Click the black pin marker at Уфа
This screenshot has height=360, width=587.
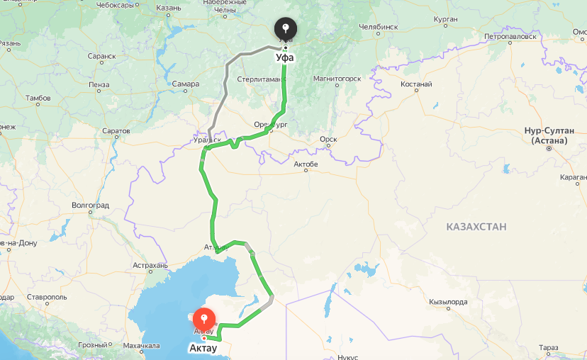(x=286, y=30)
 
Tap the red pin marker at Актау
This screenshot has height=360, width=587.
(x=206, y=318)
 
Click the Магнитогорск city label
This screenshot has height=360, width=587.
(x=337, y=79)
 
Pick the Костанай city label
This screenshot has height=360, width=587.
(x=416, y=84)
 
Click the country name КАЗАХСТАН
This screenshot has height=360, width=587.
(x=476, y=227)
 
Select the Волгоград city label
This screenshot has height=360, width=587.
(x=91, y=205)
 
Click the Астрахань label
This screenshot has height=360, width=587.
(x=150, y=266)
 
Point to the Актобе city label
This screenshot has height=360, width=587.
(x=306, y=165)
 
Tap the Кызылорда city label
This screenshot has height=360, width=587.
(x=448, y=302)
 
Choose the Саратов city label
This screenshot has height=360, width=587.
(x=116, y=131)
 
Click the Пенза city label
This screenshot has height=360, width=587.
(x=99, y=84)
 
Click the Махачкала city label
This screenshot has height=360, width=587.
(x=140, y=347)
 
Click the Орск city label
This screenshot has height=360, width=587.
(x=328, y=140)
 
